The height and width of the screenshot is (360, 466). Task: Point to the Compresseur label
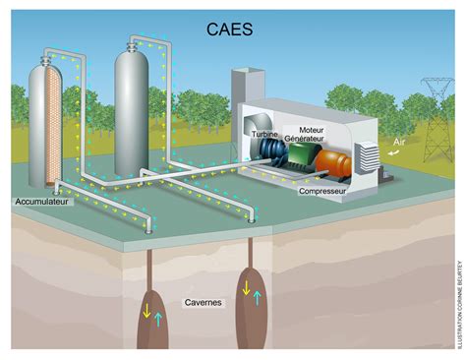327,194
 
